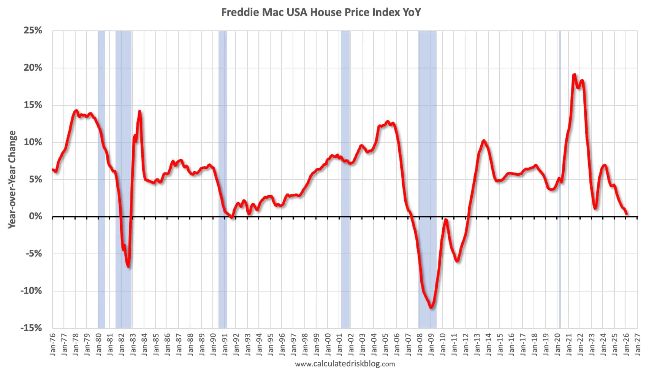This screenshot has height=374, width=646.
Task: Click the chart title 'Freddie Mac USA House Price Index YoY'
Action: pos(321,13)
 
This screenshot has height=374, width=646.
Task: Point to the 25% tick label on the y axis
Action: pos(33,30)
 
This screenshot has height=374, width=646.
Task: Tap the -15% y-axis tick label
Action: pos(32,328)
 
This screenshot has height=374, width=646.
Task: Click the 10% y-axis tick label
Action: pos(33,142)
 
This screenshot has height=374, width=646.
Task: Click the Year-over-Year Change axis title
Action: pos(13,179)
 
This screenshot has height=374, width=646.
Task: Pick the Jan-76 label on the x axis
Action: pos(52,344)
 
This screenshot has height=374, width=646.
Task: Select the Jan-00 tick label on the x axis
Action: pos(328,344)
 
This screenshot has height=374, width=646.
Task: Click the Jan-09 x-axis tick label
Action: pos(432,344)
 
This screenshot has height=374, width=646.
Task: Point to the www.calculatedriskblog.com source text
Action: pos(345,364)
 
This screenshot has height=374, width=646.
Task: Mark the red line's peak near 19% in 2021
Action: pos(574,74)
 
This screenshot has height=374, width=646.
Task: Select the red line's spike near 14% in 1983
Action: pos(139,111)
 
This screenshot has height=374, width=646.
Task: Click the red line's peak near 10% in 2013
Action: pos(483,141)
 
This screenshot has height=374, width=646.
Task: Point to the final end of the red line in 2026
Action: pos(626,214)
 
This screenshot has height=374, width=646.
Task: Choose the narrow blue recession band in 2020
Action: pos(559,179)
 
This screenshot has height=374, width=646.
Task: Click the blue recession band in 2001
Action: pos(345,179)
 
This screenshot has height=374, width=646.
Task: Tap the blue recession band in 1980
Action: pos(101,179)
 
